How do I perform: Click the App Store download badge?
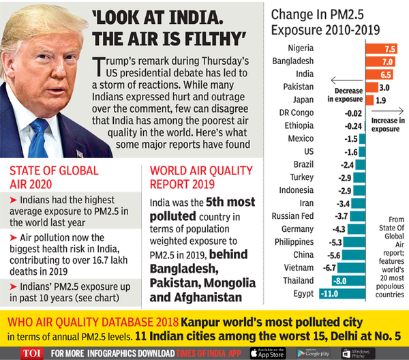pyautogui.click(x=268, y=352)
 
